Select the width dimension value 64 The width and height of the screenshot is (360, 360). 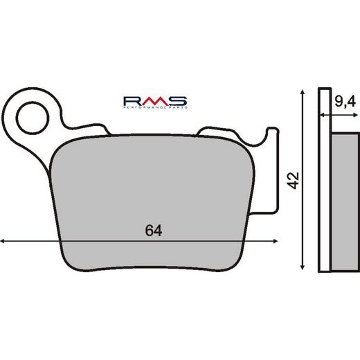pyautogui.click(x=154, y=231)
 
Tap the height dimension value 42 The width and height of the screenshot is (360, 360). pyautogui.click(x=293, y=181)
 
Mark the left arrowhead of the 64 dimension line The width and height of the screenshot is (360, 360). pyautogui.click(x=4, y=240)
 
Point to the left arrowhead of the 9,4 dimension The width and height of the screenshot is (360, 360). pyautogui.click(x=321, y=116)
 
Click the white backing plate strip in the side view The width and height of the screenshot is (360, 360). pyautogui.click(x=323, y=180)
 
